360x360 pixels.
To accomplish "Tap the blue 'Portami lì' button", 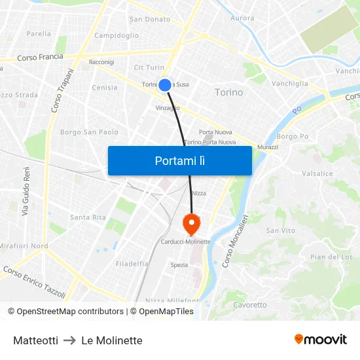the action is pos(179,160).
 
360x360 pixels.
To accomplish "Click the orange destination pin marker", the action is pos(191,224).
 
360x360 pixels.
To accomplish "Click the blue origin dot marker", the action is pos(165,84).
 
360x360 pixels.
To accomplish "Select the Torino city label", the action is pos(228,92).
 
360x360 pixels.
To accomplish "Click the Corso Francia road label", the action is pos(40,58).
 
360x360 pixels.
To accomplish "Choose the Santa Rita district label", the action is pos(88,217).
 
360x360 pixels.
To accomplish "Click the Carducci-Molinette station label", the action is pos(185,242).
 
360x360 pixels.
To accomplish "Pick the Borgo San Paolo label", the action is pos(89,132).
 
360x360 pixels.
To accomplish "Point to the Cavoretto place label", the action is pos(250,304).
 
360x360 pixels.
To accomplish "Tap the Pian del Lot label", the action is pos(331,257).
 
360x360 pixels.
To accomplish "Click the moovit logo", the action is pos(320,339).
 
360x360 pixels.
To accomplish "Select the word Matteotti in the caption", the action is pos(35,340).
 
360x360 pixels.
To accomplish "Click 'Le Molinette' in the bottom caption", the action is pos(112,340).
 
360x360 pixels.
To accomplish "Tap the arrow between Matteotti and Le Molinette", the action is pos(70,340).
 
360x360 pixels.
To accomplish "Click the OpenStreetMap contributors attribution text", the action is pos(69,312).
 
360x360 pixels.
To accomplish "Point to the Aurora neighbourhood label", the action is pos(242,18).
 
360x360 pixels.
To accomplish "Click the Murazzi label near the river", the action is pos(268,147).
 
